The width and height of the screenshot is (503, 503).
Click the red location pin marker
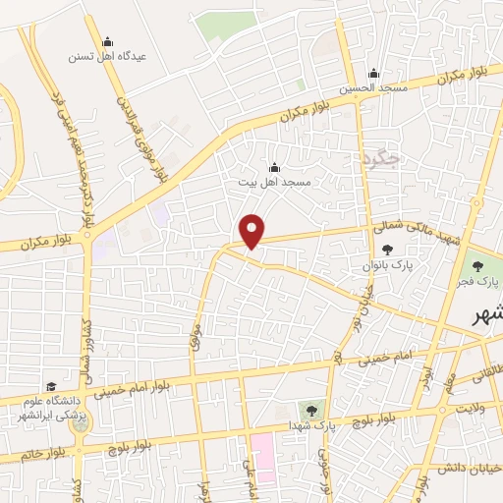click(x=253, y=230)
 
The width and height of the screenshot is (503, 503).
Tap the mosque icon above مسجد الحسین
click(x=372, y=74)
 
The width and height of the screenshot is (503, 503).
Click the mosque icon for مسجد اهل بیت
click(x=274, y=167)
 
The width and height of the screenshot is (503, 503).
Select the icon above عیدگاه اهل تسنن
click(x=107, y=42)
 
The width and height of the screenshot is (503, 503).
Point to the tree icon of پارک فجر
click(x=476, y=266)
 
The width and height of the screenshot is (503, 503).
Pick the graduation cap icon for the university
click(x=50, y=386)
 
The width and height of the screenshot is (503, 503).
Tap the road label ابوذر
click(x=425, y=375)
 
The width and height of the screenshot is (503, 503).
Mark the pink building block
click(x=262, y=458)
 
